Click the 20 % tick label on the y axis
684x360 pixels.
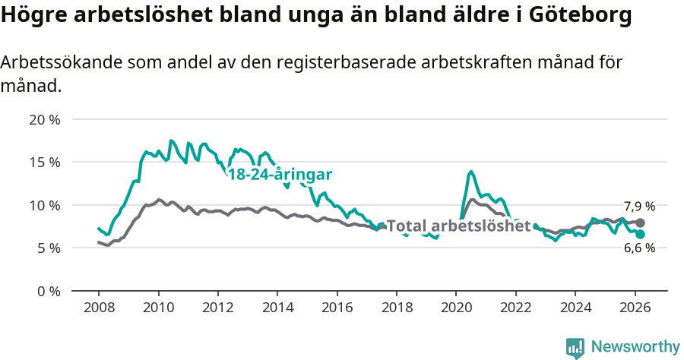(x=44, y=119)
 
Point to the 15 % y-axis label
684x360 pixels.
(x=44, y=162)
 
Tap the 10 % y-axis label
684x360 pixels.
(x=44, y=205)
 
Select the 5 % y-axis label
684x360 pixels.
(x=48, y=248)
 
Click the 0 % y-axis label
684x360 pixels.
(x=48, y=291)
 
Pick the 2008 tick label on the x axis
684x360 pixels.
(x=99, y=308)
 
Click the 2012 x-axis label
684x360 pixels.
(x=217, y=308)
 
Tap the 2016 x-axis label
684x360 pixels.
(x=337, y=308)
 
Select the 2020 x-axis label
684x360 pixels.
(x=456, y=308)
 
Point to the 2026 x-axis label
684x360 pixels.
(x=634, y=308)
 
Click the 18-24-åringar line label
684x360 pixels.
(x=280, y=174)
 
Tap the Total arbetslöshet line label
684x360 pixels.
(x=458, y=226)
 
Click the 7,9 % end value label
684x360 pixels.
(x=639, y=207)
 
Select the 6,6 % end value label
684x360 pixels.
(x=639, y=248)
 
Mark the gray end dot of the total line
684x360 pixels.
(x=641, y=223)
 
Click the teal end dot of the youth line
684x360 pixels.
(x=641, y=234)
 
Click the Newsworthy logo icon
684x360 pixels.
(x=575, y=348)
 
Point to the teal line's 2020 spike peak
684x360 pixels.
(x=471, y=172)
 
